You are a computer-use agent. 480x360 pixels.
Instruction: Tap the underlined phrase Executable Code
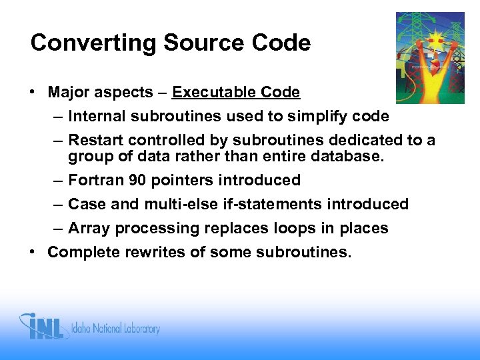click(x=236, y=92)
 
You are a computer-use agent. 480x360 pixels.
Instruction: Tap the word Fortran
click(x=95, y=180)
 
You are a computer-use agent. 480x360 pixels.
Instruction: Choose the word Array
click(x=89, y=228)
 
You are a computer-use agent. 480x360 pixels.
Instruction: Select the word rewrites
click(x=150, y=252)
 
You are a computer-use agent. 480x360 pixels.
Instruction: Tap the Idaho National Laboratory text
click(x=117, y=329)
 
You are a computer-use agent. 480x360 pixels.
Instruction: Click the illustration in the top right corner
click(x=430, y=58)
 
